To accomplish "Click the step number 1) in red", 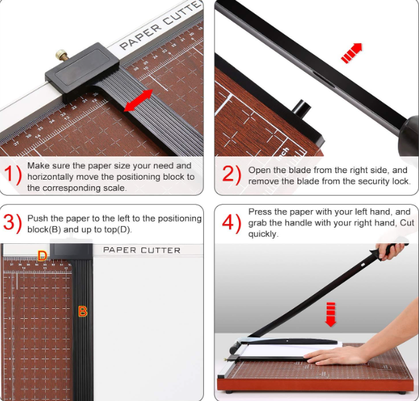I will (x=13, y=176).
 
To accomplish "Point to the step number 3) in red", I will (x=13, y=223).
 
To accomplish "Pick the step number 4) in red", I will (x=231, y=223).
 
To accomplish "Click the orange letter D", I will (x=42, y=255).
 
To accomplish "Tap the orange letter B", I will (x=83, y=311).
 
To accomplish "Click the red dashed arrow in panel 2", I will (x=352, y=53).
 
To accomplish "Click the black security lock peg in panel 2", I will (x=301, y=107).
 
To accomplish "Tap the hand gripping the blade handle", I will (x=392, y=251).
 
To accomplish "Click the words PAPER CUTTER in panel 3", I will (x=141, y=250).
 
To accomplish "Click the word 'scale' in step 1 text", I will (x=114, y=188).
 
